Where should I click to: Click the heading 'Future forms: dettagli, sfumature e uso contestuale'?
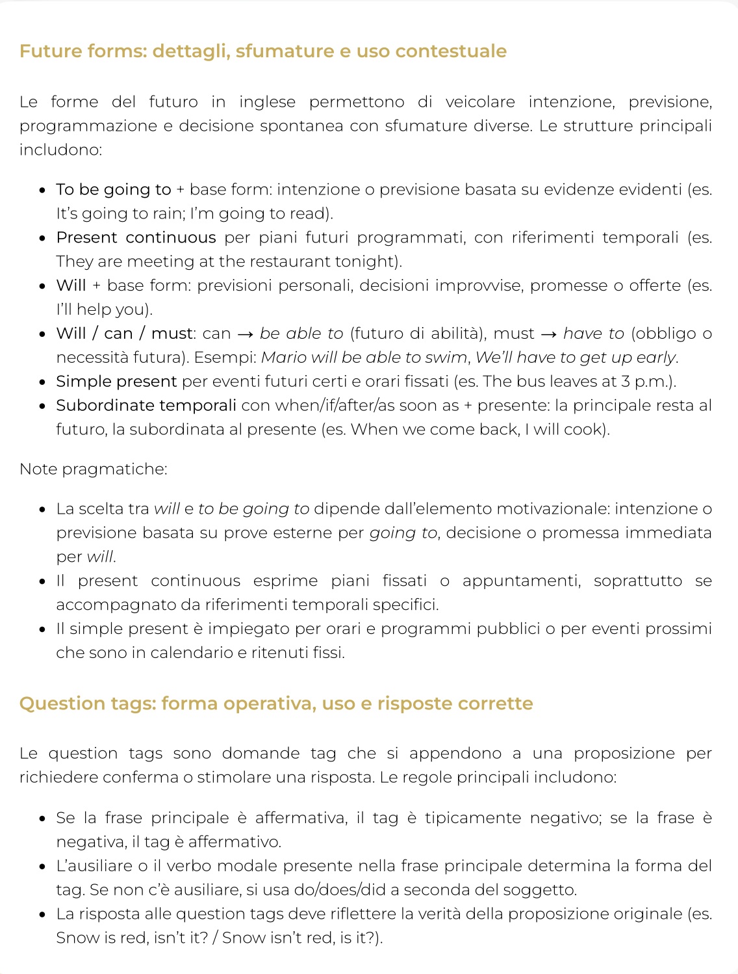[x=262, y=51]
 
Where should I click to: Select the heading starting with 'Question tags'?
[x=276, y=704]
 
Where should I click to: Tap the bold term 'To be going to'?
[x=113, y=189]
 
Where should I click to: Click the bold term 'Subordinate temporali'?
[x=146, y=406]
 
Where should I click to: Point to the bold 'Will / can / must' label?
[x=124, y=334]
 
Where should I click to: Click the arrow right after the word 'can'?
[x=245, y=334]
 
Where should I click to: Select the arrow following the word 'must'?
[x=548, y=334]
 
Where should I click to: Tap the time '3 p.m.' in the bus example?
[x=647, y=382]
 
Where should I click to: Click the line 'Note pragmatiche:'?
[x=93, y=469]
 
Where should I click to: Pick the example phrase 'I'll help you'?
[x=103, y=309]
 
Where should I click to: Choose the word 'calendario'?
[x=192, y=653]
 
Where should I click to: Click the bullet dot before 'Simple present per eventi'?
[x=42, y=382]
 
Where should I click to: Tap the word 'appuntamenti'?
[x=520, y=581]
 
